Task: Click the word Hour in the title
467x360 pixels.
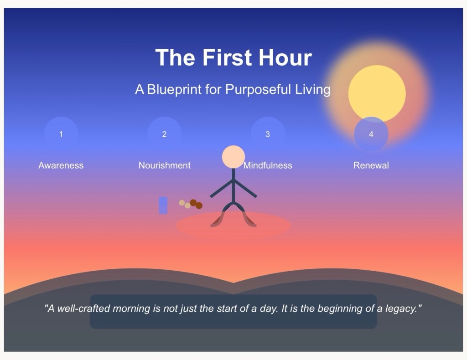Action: click(x=285, y=57)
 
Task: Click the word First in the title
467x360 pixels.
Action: click(x=227, y=57)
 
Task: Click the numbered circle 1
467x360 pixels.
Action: click(x=61, y=134)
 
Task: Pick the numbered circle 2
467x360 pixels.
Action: click(x=164, y=134)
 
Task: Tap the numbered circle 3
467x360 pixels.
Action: click(x=268, y=134)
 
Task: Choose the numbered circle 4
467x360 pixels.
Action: click(x=371, y=134)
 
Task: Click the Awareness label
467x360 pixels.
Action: click(x=61, y=165)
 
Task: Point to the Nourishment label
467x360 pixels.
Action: click(x=164, y=165)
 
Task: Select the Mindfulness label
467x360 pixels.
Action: click(x=268, y=165)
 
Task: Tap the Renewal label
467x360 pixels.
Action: click(x=371, y=165)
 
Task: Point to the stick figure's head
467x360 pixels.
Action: click(x=233, y=157)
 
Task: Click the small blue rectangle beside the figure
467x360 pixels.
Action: click(x=163, y=205)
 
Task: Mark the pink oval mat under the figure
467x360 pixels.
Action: click(x=233, y=225)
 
